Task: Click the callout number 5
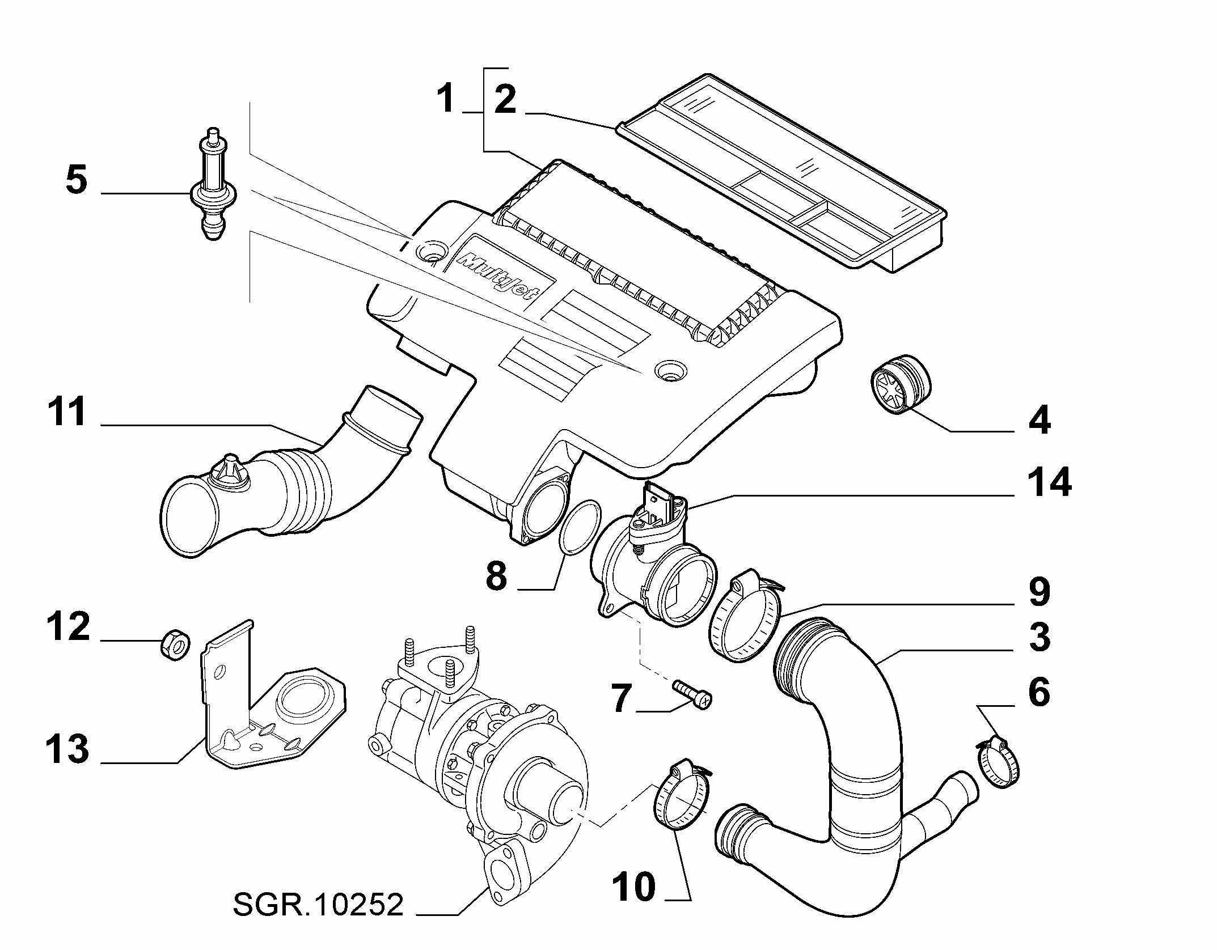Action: click(77, 180)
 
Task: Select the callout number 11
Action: click(67, 412)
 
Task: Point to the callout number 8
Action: click(496, 576)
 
